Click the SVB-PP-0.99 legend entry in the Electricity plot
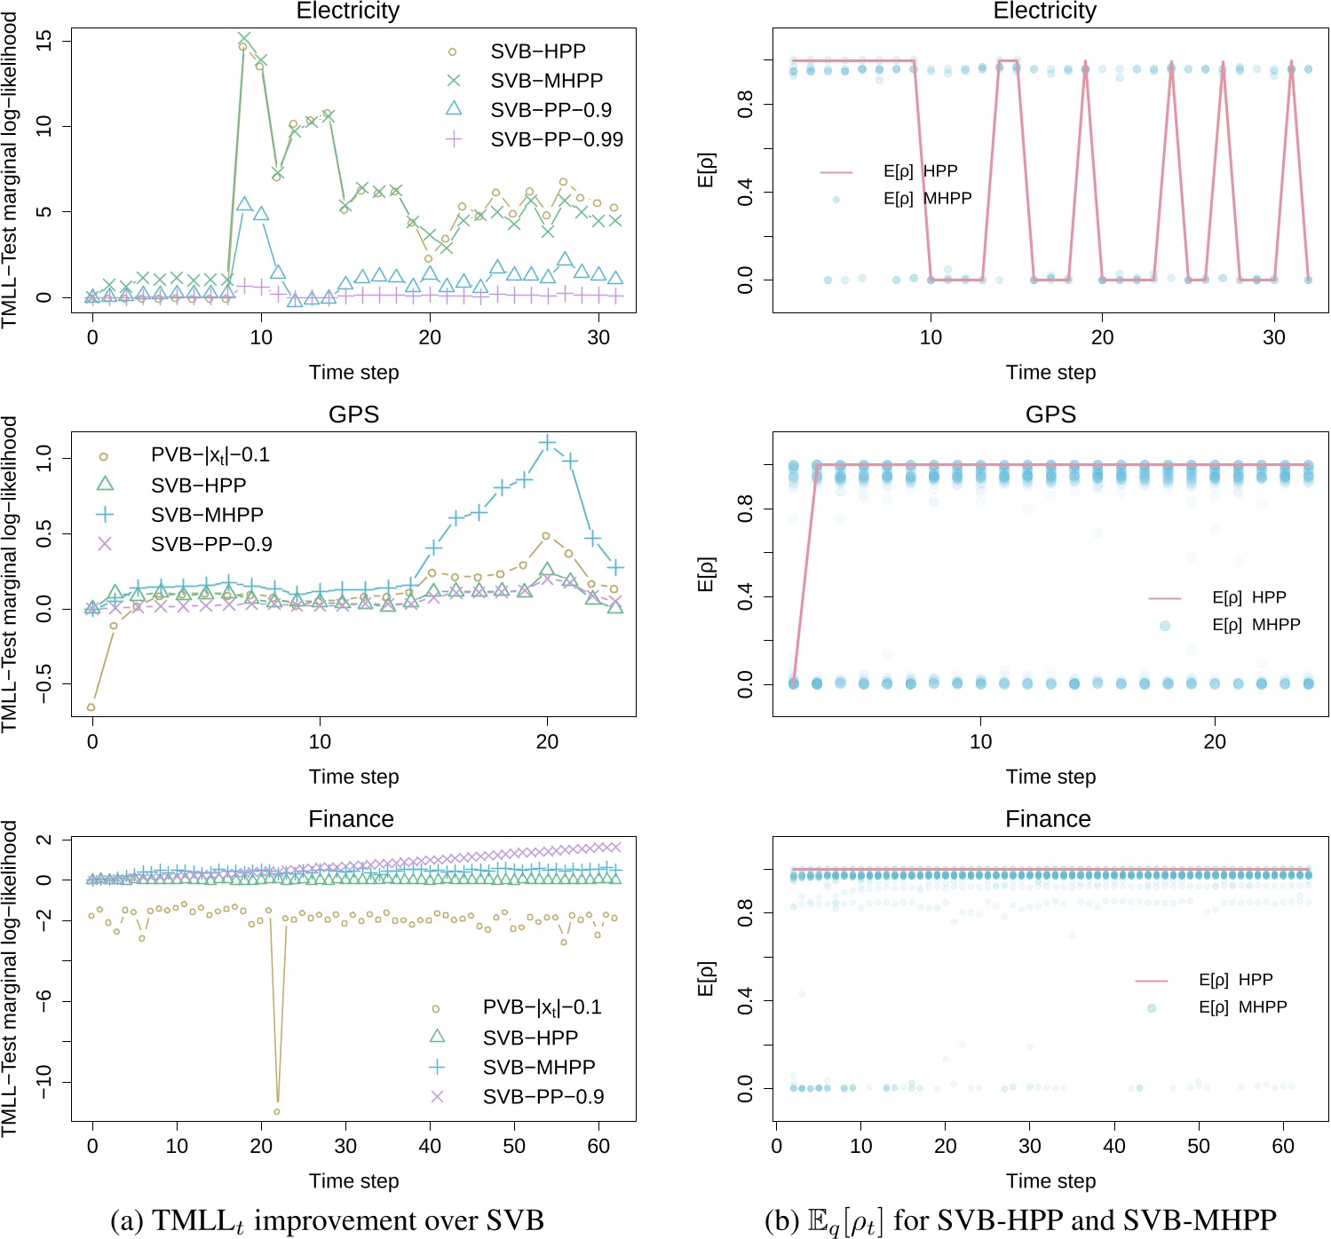(556, 139)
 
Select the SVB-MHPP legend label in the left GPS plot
(206, 515)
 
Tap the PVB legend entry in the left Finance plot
(542, 1007)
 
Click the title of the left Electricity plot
(347, 12)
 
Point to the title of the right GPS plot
(1050, 414)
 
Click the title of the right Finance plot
(1048, 818)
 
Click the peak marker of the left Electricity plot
(244, 39)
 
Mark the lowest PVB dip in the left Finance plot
(277, 1111)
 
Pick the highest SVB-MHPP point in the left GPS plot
(547, 442)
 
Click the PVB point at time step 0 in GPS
(91, 707)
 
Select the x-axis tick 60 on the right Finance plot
(1283, 1146)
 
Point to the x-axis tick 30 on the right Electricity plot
(1274, 337)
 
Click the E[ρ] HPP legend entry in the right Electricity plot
(920, 171)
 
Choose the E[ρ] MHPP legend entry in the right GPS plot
(1256, 625)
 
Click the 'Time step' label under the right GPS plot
(1050, 777)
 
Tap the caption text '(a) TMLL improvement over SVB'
(327, 1220)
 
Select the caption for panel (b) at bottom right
(1019, 1220)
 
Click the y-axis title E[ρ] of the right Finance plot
(706, 978)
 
